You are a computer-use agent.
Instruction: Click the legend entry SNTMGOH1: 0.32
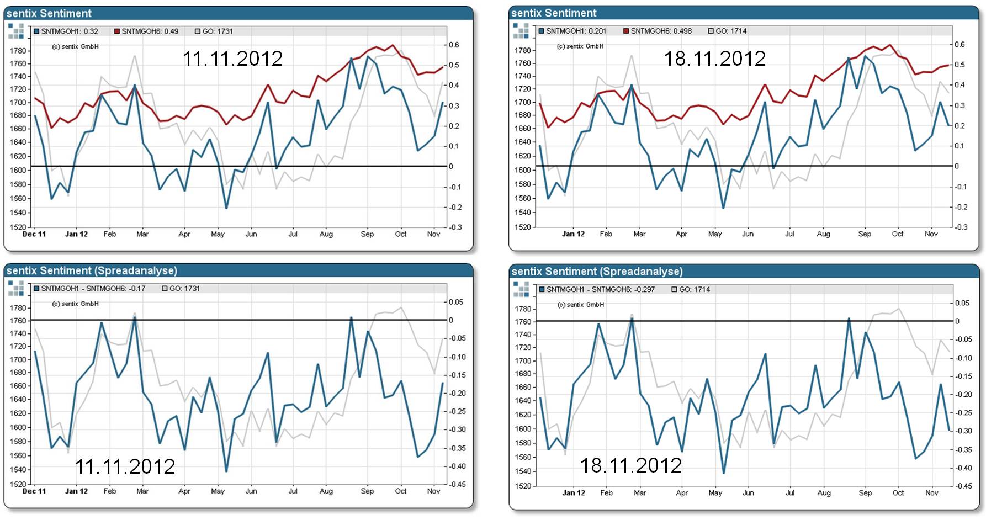[x=66, y=31]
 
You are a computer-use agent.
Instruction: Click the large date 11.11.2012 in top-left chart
[x=232, y=59]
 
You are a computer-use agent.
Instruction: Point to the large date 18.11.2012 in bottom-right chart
[x=630, y=465]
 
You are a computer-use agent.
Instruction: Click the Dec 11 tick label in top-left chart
[x=34, y=234]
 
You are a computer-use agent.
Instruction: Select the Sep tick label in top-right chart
[x=865, y=234]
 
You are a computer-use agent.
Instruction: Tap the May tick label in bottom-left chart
[x=218, y=491]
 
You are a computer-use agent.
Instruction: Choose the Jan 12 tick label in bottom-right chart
[x=574, y=493]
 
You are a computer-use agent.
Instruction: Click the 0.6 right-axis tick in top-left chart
[x=453, y=45]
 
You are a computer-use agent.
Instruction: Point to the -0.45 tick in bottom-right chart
[x=964, y=486]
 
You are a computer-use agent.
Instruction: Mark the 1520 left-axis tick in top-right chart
[x=522, y=227]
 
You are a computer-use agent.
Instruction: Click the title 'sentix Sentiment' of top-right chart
[x=554, y=13]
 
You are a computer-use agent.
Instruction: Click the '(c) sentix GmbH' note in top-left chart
[x=75, y=47]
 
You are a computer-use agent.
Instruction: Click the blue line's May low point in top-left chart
[x=226, y=208]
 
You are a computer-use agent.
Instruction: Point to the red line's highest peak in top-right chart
[x=890, y=45]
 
